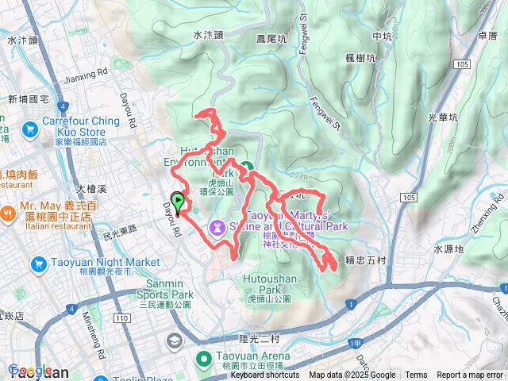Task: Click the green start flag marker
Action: click(178, 202)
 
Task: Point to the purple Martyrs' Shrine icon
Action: click(217, 227)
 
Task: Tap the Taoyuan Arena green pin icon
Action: click(202, 359)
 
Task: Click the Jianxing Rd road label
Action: click(85, 77)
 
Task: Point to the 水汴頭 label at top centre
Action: click(209, 35)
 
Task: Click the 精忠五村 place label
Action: click(365, 260)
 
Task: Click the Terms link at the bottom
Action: click(416, 375)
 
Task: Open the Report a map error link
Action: click(471, 375)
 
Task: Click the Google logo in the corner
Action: click(29, 370)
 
